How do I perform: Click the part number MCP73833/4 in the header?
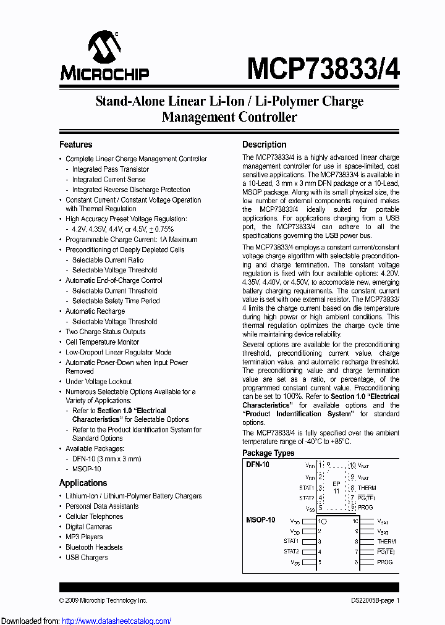coord(323,67)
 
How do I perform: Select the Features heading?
coord(75,145)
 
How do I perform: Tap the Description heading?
coord(264,145)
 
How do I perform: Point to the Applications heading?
coord(83,483)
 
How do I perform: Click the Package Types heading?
coord(268,453)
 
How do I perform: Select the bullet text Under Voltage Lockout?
coord(99,382)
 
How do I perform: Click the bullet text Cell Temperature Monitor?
coord(102,342)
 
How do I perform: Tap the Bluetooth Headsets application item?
coord(94,547)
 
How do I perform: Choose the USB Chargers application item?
coord(87,558)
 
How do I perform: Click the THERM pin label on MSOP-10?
coord(386,542)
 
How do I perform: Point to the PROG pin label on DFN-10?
coord(365,508)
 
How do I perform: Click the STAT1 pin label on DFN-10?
coord(307,487)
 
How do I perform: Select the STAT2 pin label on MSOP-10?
coord(291,552)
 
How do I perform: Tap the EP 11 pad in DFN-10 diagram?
coord(336,487)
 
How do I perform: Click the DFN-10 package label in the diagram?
coord(257,464)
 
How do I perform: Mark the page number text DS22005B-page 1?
coord(371,600)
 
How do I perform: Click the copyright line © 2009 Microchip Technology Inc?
coord(103,600)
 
